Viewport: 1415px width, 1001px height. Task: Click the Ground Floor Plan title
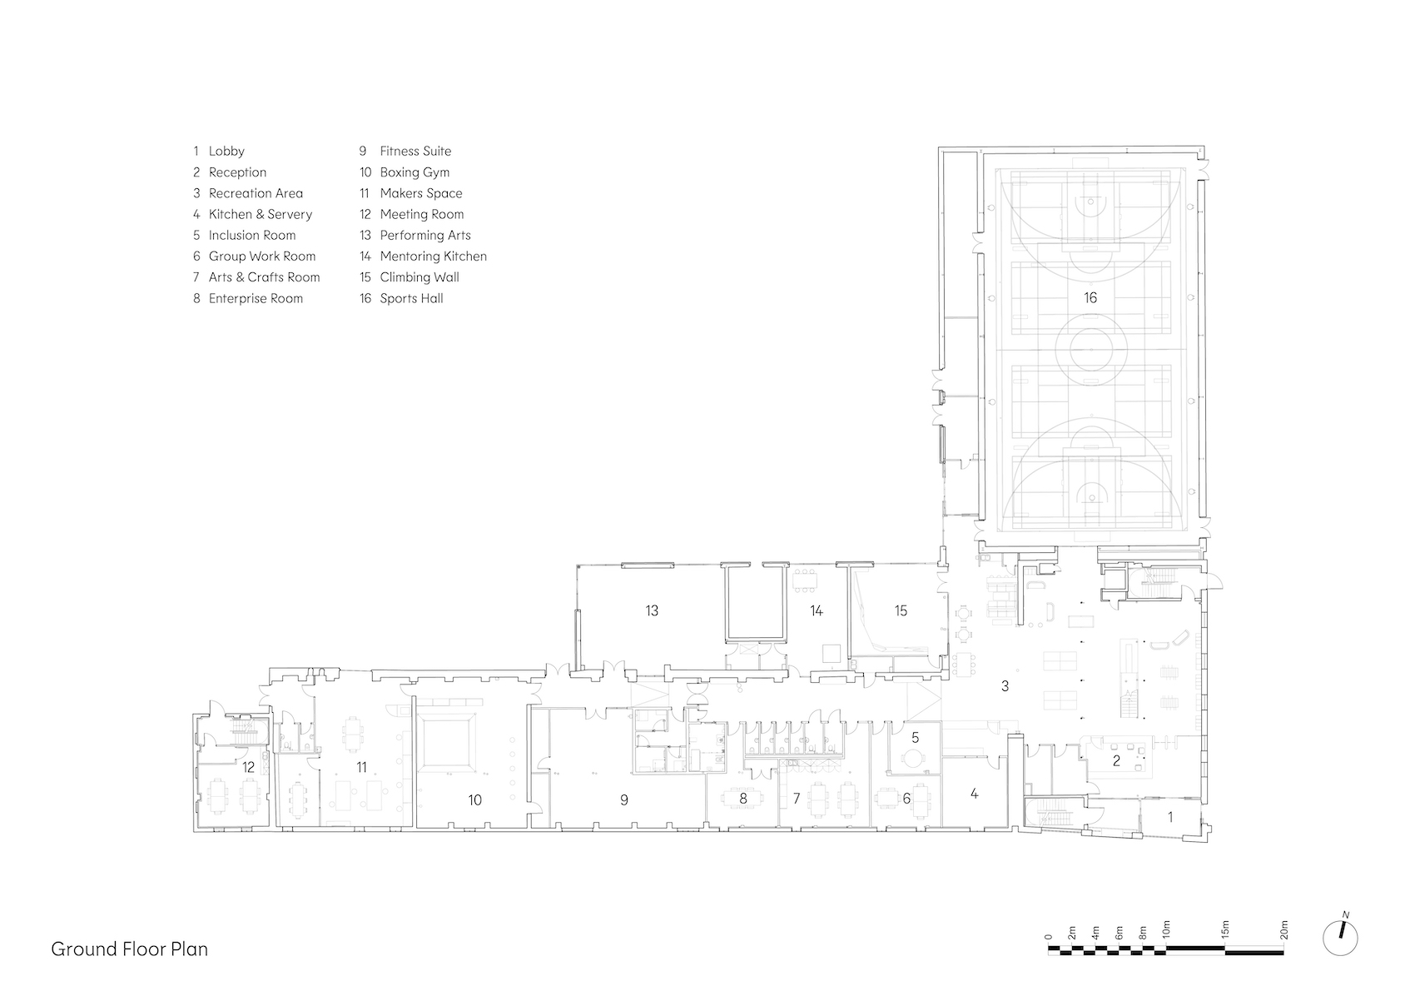[130, 949]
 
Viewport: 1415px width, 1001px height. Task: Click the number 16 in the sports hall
[1090, 297]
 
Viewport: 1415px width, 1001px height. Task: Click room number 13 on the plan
[652, 610]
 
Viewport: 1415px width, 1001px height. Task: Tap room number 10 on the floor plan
[475, 800]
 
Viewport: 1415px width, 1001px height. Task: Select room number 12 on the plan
[248, 767]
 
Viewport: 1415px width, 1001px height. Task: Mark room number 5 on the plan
[916, 737]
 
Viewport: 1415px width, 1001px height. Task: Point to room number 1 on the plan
[1170, 817]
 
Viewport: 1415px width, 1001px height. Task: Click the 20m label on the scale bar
[1284, 930]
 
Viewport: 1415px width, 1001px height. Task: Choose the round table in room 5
[913, 758]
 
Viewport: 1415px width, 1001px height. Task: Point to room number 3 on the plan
[1005, 685]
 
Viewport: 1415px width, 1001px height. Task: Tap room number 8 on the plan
[742, 798]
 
